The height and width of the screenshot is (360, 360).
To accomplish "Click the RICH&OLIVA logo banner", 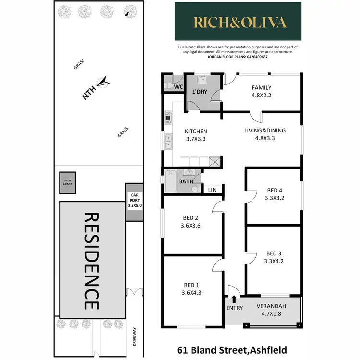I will pos(238,22).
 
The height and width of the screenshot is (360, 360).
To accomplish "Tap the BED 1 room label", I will pos(190,284).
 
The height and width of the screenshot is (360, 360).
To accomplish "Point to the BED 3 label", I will pos(273,253).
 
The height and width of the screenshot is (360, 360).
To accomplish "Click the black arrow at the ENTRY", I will pos(234,300).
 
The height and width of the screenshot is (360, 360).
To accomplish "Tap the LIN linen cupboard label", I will pos(212,190).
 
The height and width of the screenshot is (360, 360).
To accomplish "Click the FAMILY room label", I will pos(262,88).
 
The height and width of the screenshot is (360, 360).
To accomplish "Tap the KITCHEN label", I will pos(196,131).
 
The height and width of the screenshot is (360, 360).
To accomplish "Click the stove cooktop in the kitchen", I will pos(168,118).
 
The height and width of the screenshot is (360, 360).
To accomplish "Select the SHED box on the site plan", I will pos(67,183).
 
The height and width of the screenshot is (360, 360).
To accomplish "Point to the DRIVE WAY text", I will pos(135,337).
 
